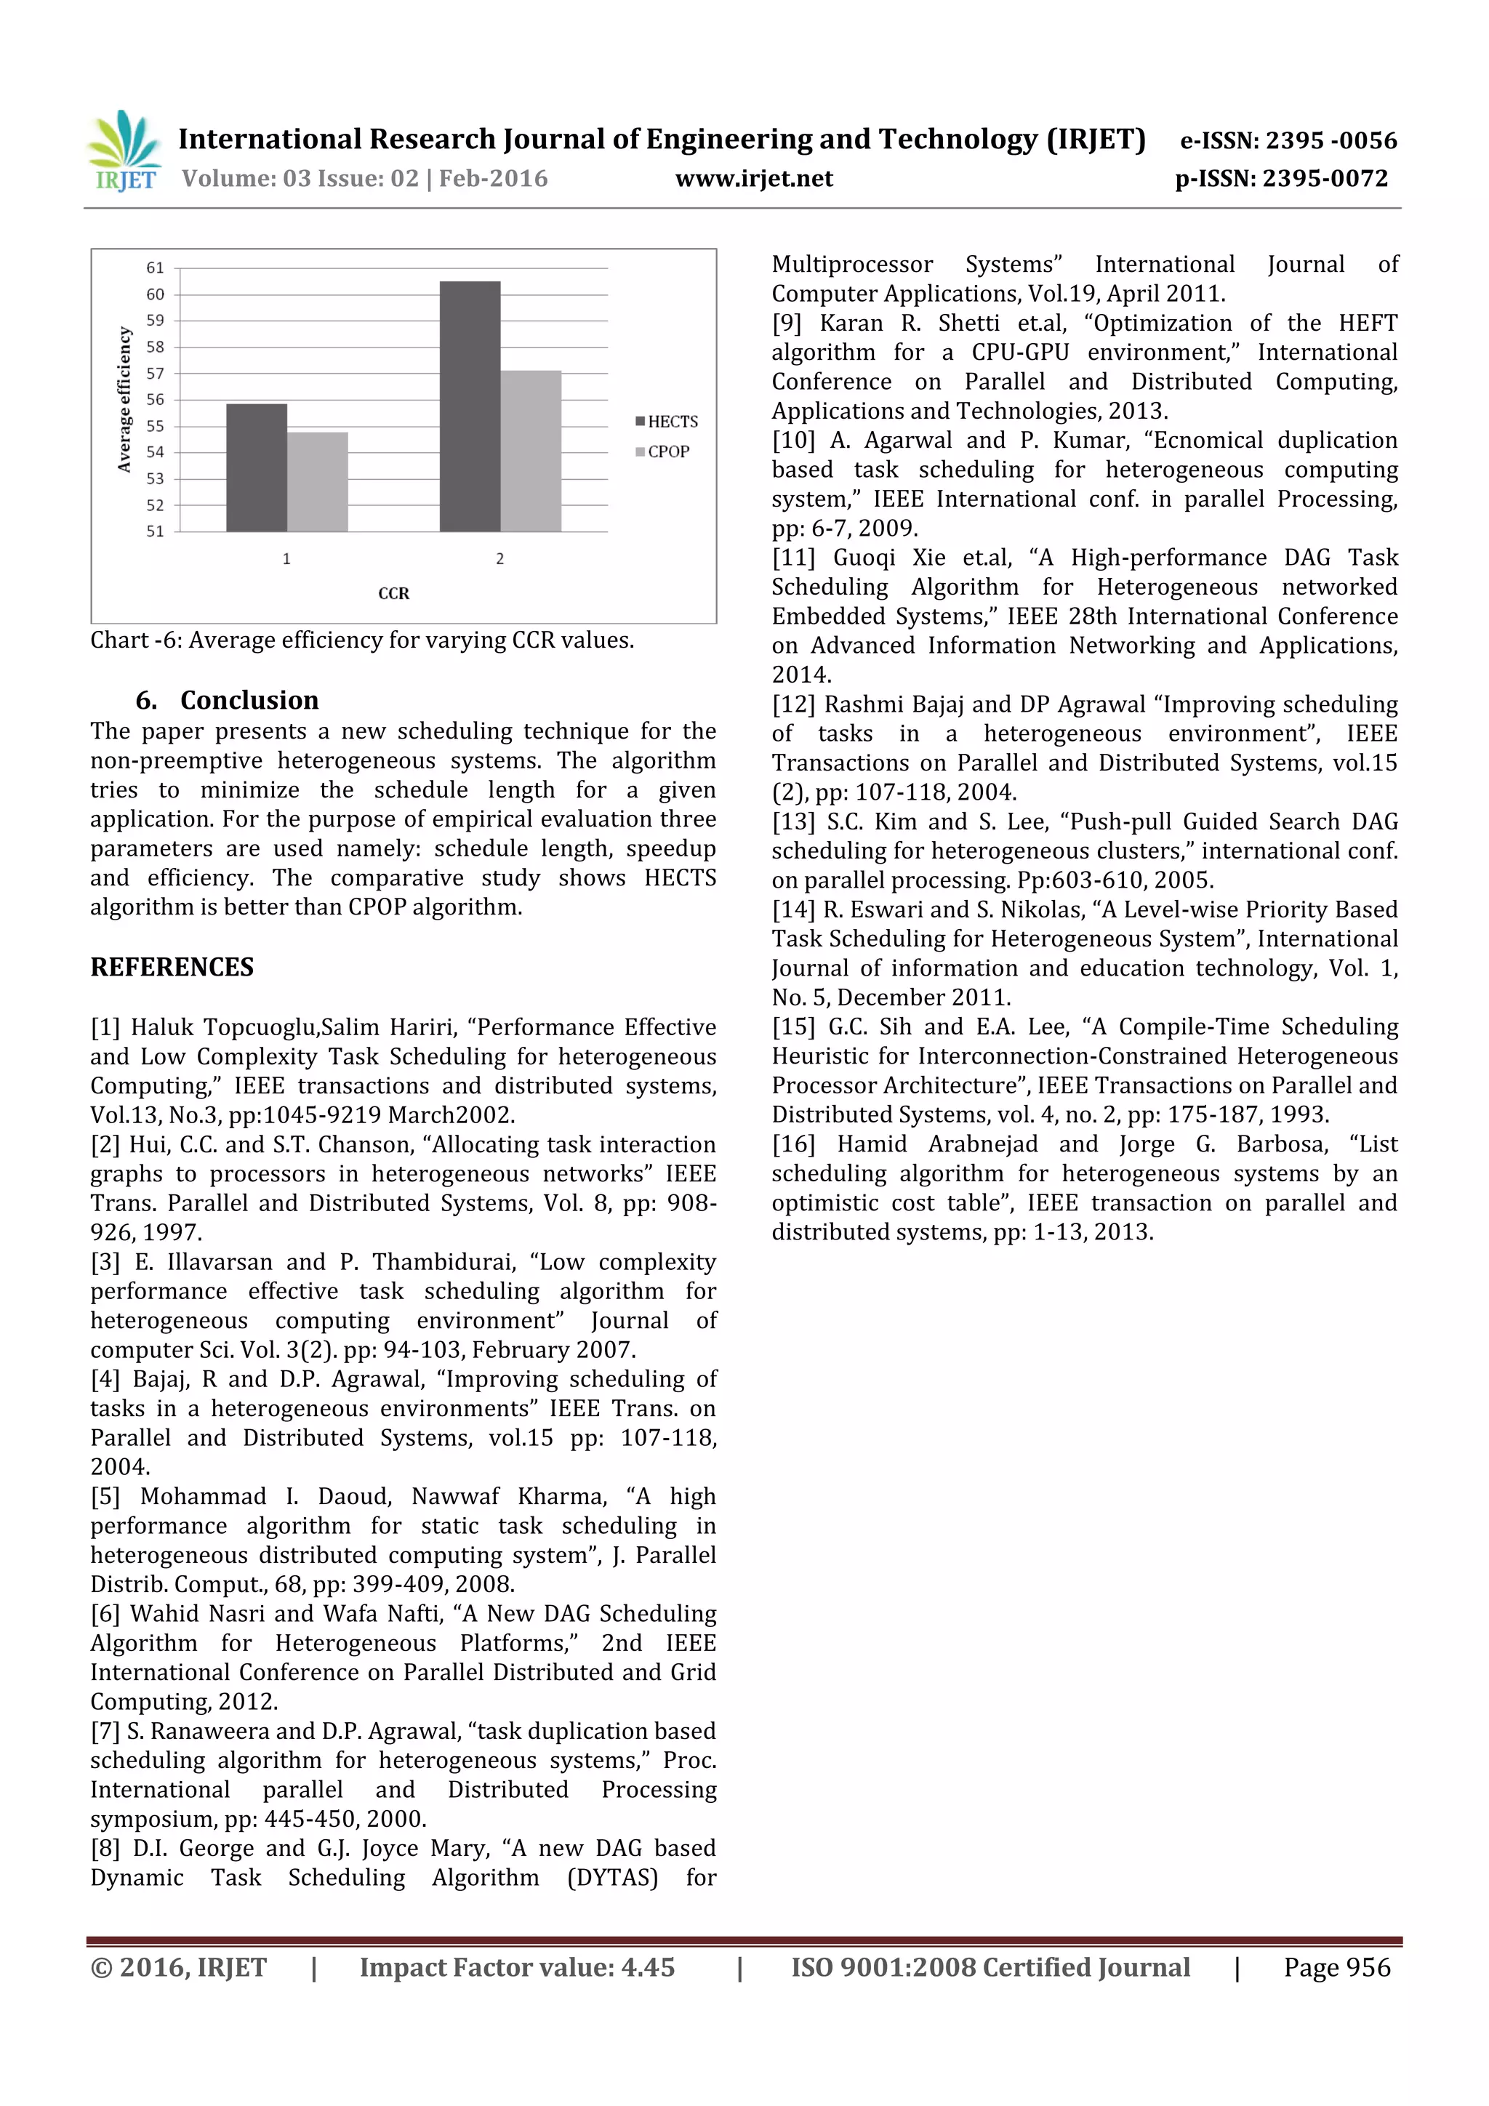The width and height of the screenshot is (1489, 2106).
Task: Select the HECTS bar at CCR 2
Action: (x=470, y=406)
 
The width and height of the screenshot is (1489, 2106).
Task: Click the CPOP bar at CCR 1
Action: (x=318, y=481)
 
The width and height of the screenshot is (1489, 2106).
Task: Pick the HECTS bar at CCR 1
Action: (x=257, y=467)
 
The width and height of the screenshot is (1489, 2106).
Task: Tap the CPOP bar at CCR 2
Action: (x=530, y=451)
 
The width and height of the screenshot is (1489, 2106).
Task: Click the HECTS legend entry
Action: (x=667, y=422)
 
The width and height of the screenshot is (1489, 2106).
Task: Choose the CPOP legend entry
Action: (x=662, y=452)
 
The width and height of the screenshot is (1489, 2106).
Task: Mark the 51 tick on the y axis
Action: (x=155, y=531)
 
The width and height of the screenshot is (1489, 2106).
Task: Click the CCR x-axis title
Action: (x=393, y=593)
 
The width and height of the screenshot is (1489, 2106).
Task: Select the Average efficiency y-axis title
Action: (x=125, y=400)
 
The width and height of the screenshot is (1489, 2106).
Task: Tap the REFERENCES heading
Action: (x=172, y=967)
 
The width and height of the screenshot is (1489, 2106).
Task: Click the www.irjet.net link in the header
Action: (x=754, y=179)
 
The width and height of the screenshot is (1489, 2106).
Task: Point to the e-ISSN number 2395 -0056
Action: (x=1289, y=140)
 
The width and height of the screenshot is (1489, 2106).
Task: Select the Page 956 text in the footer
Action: (x=1337, y=1967)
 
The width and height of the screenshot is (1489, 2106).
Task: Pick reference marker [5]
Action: (x=105, y=1497)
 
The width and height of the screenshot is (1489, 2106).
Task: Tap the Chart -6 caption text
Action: (x=361, y=640)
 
